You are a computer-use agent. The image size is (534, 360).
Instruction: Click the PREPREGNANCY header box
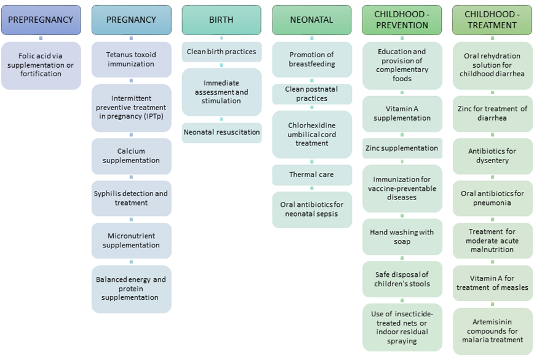tap(41, 20)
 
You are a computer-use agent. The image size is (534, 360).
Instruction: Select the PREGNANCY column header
tap(131, 20)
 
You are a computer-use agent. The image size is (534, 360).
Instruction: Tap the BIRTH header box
tap(221, 20)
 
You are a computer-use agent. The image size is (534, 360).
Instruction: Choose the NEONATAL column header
tap(312, 20)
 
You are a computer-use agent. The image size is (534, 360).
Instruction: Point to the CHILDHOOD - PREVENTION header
tap(402, 20)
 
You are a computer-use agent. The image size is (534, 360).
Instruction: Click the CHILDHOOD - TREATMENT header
tap(492, 20)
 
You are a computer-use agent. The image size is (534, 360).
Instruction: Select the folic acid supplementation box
tap(41, 65)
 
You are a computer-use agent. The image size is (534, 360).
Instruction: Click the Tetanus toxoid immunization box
tap(131, 60)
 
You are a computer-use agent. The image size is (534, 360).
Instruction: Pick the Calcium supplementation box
tap(131, 156)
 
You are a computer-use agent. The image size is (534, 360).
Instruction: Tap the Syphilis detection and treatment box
tap(131, 198)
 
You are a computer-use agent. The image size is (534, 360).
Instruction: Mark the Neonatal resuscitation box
tap(221, 132)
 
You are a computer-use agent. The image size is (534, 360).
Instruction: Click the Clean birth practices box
tap(221, 52)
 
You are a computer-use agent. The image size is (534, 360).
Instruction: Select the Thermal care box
tap(312, 175)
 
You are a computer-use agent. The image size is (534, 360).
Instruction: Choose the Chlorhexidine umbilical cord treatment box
tap(312, 134)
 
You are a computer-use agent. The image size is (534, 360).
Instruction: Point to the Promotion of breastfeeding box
tap(312, 60)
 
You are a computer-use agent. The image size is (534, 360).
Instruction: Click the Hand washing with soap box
tap(402, 237)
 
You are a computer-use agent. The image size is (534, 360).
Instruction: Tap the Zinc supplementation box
tap(402, 148)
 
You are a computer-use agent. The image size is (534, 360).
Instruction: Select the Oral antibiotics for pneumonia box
tap(492, 198)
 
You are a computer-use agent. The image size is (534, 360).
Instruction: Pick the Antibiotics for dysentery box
tap(492, 156)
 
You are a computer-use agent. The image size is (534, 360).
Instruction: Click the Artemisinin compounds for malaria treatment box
tap(492, 330)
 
